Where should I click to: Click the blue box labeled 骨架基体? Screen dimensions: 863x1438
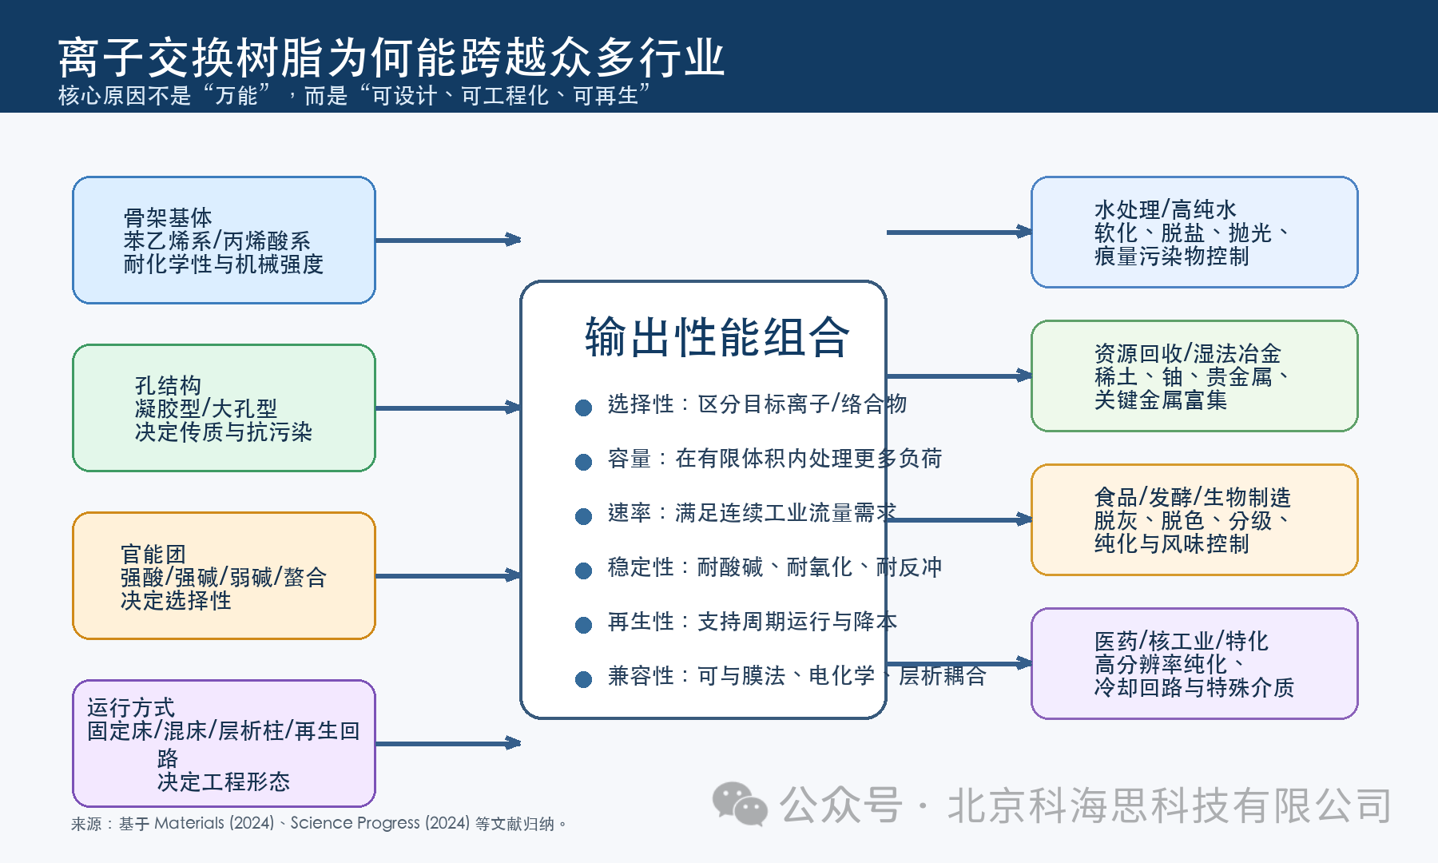pyautogui.click(x=224, y=240)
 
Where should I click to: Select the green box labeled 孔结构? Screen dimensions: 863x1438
pyautogui.click(x=224, y=408)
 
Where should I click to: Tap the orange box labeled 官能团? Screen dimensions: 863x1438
pyautogui.click(x=224, y=575)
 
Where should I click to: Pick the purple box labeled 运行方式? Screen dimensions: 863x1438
pyautogui.click(x=224, y=743)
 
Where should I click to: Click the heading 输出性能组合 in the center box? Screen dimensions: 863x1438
pyautogui.click(x=717, y=336)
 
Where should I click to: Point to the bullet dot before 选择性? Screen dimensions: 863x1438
pyautogui.click(x=583, y=408)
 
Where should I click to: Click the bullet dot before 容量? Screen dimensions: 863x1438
pyautogui.click(x=583, y=462)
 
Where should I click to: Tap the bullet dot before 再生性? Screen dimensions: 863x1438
pyautogui.click(x=583, y=625)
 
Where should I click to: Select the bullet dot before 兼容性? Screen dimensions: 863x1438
pyautogui.click(x=583, y=679)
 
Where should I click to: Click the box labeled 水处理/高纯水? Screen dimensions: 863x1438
pyautogui.click(x=1194, y=232)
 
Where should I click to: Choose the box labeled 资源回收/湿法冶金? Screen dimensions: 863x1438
pyautogui.click(x=1194, y=376)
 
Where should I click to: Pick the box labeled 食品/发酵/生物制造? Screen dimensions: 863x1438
pyautogui.click(x=1194, y=519)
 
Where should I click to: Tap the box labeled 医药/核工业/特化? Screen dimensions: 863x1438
pyautogui.click(x=1194, y=663)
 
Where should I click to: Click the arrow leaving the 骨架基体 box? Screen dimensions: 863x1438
pyautogui.click(x=447, y=240)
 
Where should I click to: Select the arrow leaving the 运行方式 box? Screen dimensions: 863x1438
pyautogui.click(x=447, y=743)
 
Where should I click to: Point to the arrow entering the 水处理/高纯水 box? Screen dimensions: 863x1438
pyautogui.click(x=959, y=232)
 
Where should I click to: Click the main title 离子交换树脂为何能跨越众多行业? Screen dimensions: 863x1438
pyautogui.click(x=391, y=58)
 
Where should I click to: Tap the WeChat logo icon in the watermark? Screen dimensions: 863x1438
pyautogui.click(x=740, y=804)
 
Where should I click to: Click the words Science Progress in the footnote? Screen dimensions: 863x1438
pyautogui.click(x=355, y=823)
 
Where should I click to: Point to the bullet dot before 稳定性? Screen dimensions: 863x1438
pyautogui.click(x=583, y=571)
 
